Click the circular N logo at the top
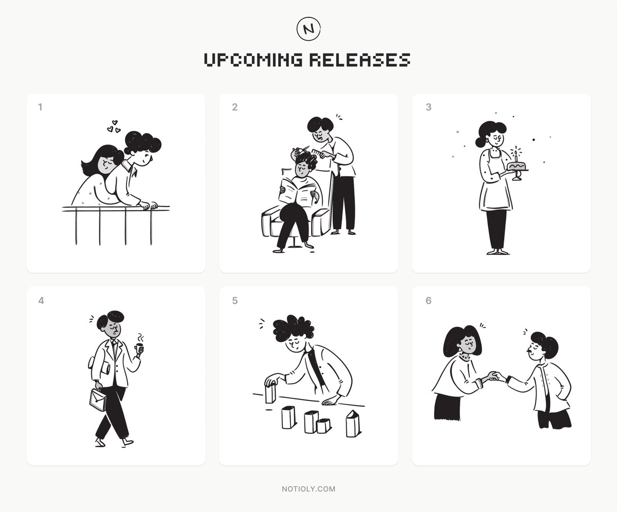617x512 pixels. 308,29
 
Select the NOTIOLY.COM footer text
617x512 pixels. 308,489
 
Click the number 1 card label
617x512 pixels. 40,107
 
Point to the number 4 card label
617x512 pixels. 41,301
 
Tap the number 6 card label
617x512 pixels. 428,301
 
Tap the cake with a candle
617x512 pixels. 516,166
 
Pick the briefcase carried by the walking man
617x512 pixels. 98,399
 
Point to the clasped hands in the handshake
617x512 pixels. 495,377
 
